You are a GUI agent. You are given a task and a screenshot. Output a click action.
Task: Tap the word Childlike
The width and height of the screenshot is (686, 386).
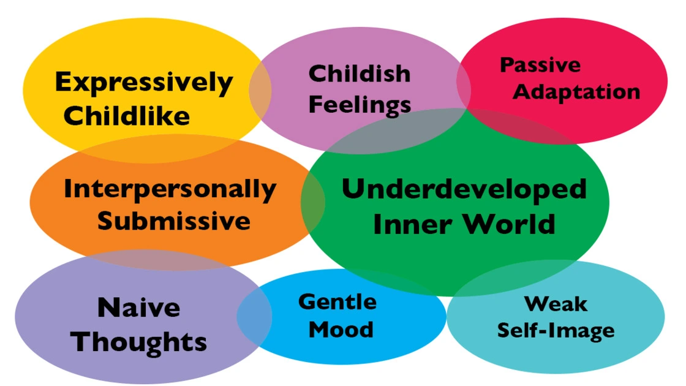click(127, 116)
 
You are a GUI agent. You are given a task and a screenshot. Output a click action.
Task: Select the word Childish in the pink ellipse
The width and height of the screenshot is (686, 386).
click(360, 74)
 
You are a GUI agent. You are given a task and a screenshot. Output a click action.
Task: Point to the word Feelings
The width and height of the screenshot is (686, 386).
click(360, 105)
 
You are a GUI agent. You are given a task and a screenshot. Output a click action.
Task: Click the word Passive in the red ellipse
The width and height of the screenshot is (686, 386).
click(540, 65)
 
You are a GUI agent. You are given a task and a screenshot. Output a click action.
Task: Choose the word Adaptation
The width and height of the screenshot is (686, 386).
click(576, 93)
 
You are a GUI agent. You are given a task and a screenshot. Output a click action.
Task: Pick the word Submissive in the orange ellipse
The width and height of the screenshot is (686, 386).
click(174, 221)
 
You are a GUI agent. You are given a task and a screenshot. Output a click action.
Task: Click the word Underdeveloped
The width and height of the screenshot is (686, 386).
click(464, 189)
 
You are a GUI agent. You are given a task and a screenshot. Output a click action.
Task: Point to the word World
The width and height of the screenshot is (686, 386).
click(509, 224)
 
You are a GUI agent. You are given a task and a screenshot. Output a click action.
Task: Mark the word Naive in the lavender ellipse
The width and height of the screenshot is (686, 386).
click(138, 307)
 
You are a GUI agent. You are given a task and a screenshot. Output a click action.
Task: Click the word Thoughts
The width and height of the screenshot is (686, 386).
click(138, 342)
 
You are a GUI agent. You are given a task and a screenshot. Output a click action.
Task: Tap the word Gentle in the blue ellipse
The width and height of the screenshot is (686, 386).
click(337, 302)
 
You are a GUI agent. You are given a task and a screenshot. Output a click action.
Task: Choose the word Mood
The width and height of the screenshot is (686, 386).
click(341, 330)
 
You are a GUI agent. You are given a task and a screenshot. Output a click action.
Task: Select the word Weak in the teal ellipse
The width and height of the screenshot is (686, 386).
click(556, 304)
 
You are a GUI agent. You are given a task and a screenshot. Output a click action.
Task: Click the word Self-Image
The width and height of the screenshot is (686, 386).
click(556, 331)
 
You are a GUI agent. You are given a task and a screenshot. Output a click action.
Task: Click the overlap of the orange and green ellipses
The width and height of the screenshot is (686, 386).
click(313, 202)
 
